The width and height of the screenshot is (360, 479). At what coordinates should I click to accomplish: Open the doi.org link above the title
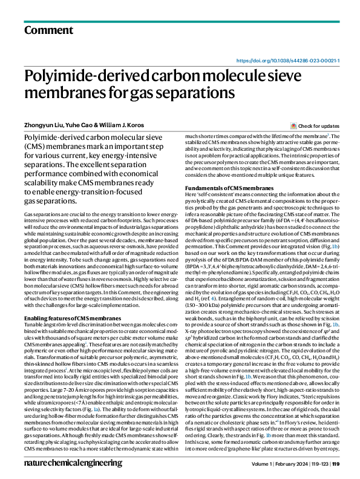[287, 61]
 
